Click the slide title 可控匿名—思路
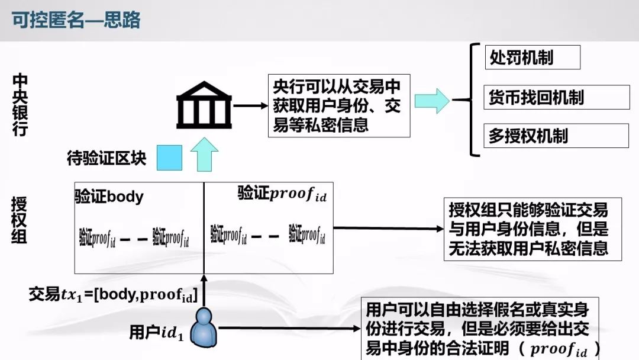pos(76,20)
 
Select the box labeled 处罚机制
pos(532,57)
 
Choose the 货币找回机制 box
pos(557,97)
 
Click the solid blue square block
pos(169,157)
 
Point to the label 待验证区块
pos(106,159)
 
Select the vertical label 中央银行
pos(20,105)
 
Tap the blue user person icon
pos(204,327)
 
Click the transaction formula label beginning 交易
pos(113,294)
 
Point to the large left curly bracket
pos(473,99)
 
